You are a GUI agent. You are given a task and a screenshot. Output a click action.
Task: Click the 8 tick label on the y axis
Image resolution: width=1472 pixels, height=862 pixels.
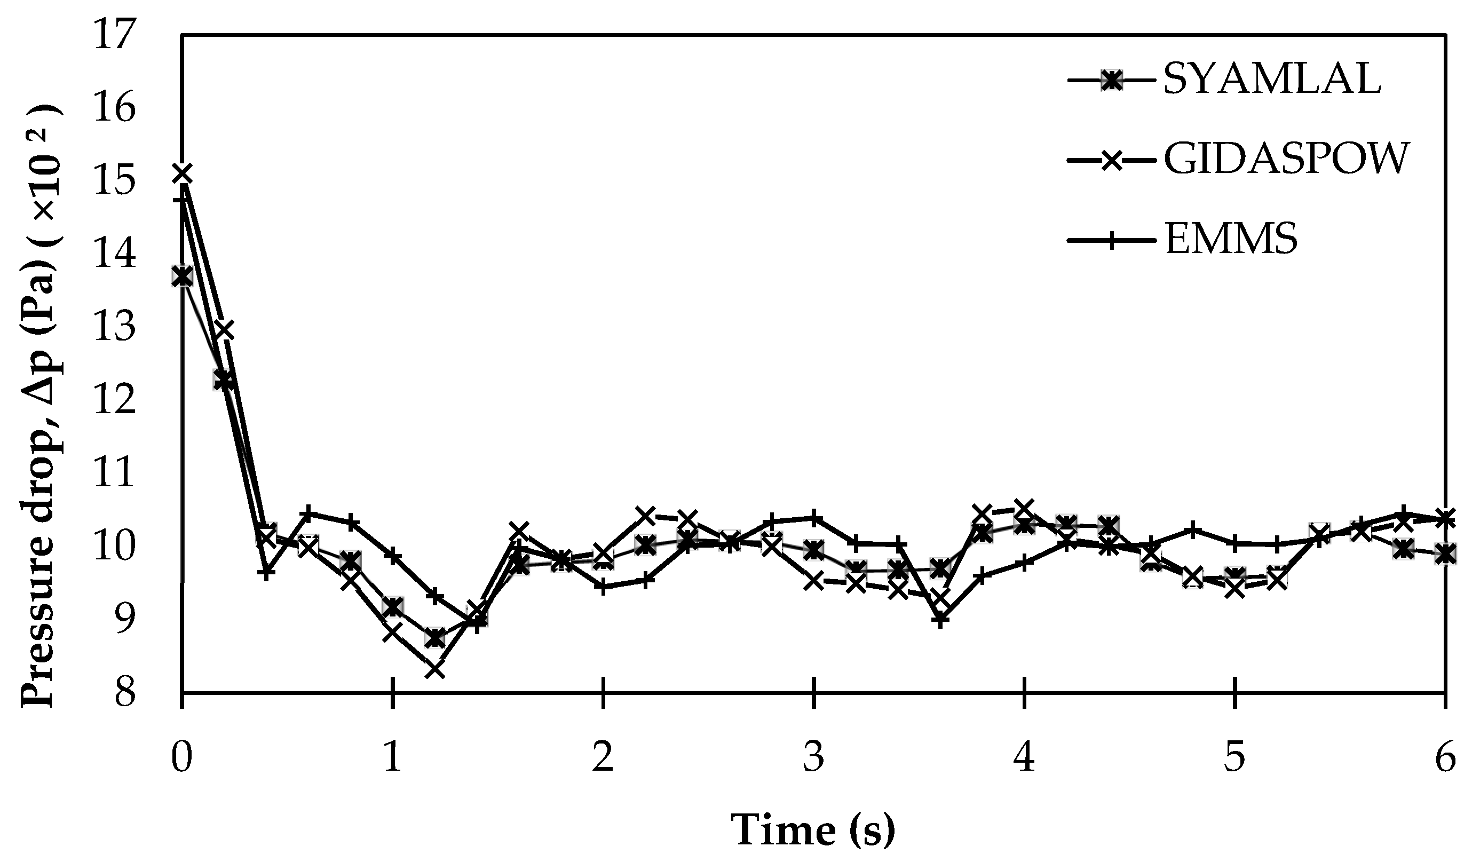[x=124, y=693]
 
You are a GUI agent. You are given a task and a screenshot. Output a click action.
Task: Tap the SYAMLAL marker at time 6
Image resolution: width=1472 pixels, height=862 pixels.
[x=1445, y=553]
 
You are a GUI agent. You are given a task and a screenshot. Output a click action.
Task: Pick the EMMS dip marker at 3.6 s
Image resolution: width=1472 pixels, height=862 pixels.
[x=940, y=620]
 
